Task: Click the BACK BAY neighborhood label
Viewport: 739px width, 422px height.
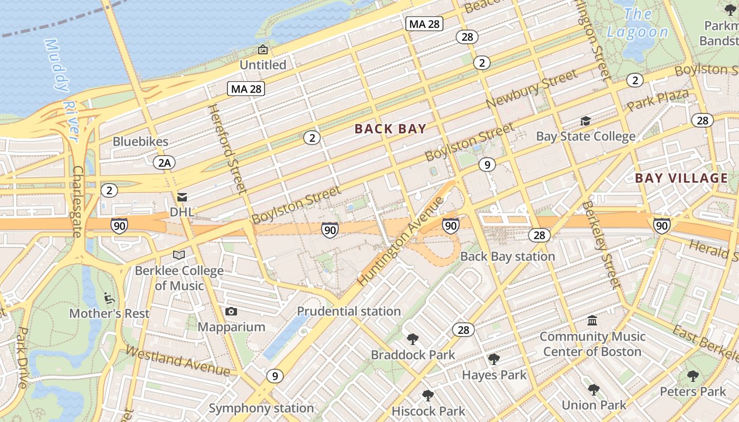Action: [390, 129]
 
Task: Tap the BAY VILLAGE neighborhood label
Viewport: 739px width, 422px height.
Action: [681, 178]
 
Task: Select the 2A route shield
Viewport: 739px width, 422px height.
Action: [164, 162]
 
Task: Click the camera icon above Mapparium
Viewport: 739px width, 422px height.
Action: [231, 312]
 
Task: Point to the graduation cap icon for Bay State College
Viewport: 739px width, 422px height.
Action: [585, 121]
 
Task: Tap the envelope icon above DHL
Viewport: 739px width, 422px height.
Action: [182, 197]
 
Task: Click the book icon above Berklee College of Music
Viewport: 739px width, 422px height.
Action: [179, 255]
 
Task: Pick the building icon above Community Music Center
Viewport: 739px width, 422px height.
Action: [592, 321]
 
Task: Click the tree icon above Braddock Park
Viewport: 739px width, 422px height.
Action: [413, 339]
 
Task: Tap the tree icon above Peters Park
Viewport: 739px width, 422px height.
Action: [693, 376]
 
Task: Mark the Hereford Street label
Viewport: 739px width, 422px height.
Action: [228, 149]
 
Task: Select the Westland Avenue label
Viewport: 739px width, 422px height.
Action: [177, 361]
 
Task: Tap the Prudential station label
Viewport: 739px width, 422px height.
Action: [349, 311]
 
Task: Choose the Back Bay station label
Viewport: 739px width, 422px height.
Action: [507, 256]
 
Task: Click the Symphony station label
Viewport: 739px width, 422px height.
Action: [261, 408]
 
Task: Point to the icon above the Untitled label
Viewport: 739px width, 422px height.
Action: [262, 50]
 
